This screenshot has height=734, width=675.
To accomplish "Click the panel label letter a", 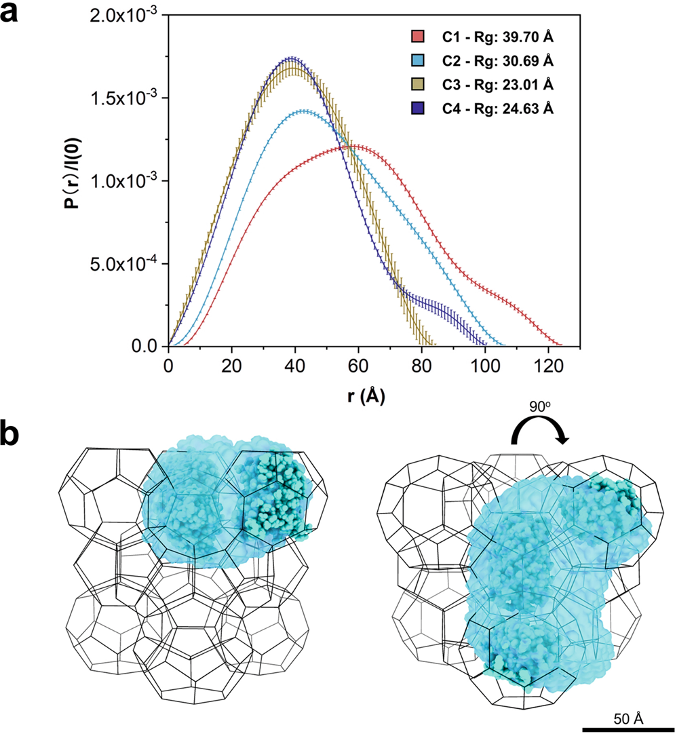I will pos(14,14).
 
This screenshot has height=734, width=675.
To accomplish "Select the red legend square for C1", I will pos(417,35).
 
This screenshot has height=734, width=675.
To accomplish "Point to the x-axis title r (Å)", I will pos(367,396).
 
